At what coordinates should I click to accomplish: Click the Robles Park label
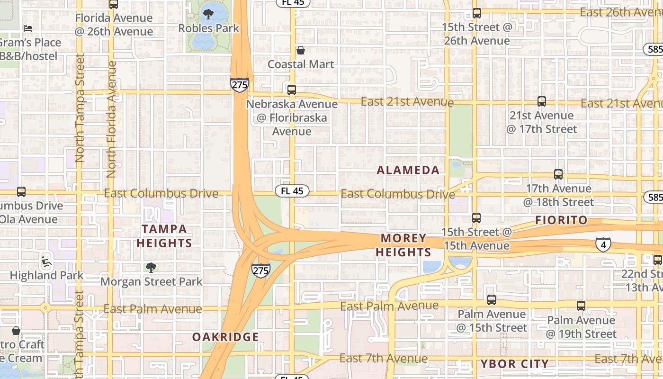click(209, 28)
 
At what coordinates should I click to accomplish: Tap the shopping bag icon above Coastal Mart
click(301, 50)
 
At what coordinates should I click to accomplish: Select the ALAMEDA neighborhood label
click(408, 171)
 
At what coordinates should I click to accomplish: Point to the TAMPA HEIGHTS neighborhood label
click(164, 236)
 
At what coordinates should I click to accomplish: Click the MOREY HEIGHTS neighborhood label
click(403, 245)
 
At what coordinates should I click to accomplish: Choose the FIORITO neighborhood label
click(561, 220)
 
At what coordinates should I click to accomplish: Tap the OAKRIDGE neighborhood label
click(225, 337)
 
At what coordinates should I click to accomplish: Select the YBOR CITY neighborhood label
click(515, 364)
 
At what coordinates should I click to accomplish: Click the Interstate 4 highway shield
click(603, 244)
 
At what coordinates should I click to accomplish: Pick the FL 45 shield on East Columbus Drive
click(292, 191)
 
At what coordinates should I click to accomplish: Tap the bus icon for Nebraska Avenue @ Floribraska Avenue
click(292, 90)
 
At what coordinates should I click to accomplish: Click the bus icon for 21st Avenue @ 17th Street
click(542, 101)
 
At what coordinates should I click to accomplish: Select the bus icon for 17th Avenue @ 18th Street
click(558, 174)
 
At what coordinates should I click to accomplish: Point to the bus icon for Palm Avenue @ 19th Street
click(581, 306)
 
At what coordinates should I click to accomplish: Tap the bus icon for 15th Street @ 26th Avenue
click(477, 13)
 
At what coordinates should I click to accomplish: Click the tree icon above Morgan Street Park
click(151, 268)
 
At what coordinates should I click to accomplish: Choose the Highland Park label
click(46, 275)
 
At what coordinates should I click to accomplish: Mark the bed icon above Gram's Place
click(28, 28)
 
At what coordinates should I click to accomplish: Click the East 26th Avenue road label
click(621, 12)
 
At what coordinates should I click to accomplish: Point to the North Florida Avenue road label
click(112, 119)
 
